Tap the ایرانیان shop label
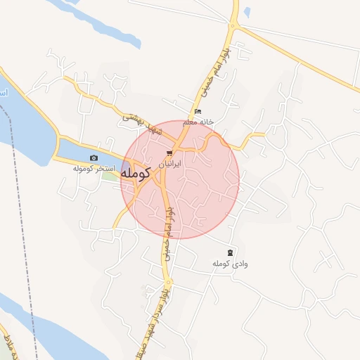169,163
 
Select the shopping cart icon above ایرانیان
169,153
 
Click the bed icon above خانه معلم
198,112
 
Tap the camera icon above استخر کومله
94,158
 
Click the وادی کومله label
231,263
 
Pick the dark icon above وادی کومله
231,252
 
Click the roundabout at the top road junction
233,27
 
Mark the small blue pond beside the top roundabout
247,12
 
